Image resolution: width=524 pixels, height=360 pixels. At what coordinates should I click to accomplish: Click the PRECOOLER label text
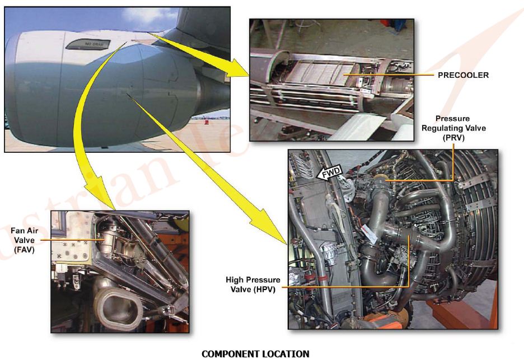[464, 74]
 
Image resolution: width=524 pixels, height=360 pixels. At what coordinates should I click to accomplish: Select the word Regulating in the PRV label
[453, 128]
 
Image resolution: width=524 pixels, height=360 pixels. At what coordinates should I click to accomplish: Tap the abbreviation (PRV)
[453, 137]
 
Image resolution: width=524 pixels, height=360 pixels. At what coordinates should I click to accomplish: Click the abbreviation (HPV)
[254, 289]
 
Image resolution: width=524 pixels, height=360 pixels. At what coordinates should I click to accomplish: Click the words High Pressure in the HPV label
[253, 280]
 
